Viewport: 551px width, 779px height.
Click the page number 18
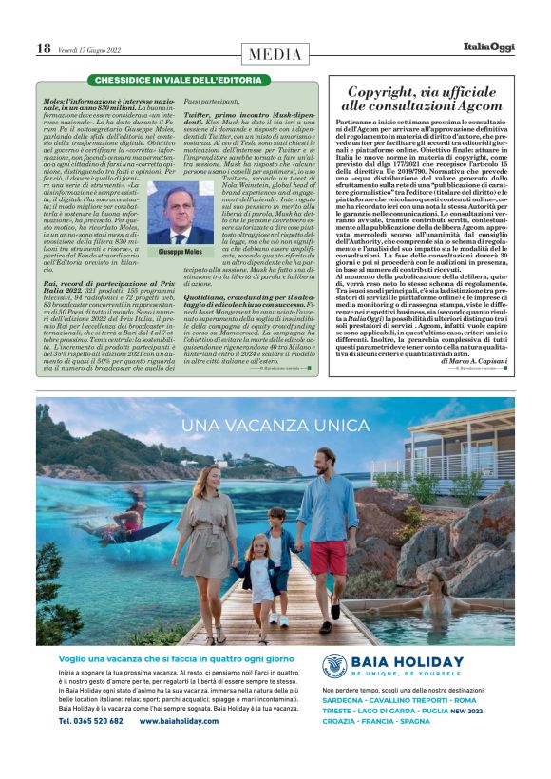[x=44, y=47]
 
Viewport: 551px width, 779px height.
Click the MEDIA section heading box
[x=275, y=54]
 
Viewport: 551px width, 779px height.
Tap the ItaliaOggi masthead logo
[x=488, y=47]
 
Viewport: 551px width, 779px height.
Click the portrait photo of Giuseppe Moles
[x=180, y=213]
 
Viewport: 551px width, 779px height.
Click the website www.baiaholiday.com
[x=179, y=721]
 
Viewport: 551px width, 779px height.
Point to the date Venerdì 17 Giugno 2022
[x=97, y=48]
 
